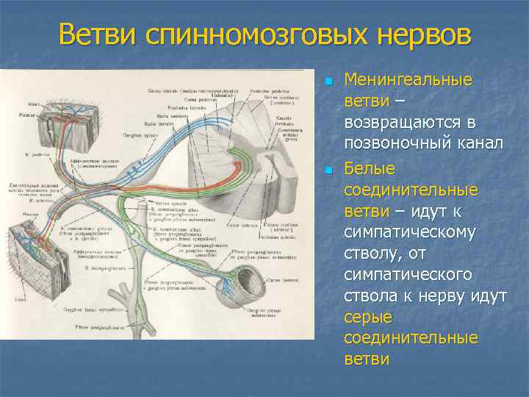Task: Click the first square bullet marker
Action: [330, 80]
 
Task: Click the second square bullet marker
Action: [330, 171]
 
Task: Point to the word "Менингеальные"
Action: [409, 79]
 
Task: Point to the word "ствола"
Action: [370, 297]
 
